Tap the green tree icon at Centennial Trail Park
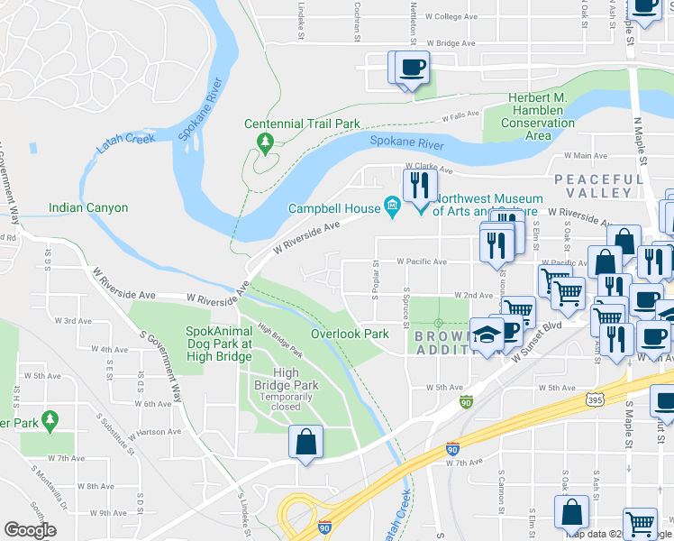[265, 142]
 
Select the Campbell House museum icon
[392, 208]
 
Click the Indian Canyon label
[88, 208]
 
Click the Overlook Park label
[350, 334]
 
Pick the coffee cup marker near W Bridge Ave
[412, 68]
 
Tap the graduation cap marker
[487, 335]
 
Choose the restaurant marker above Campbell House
[419, 186]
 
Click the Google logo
[30, 530]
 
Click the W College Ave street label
[451, 17]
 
